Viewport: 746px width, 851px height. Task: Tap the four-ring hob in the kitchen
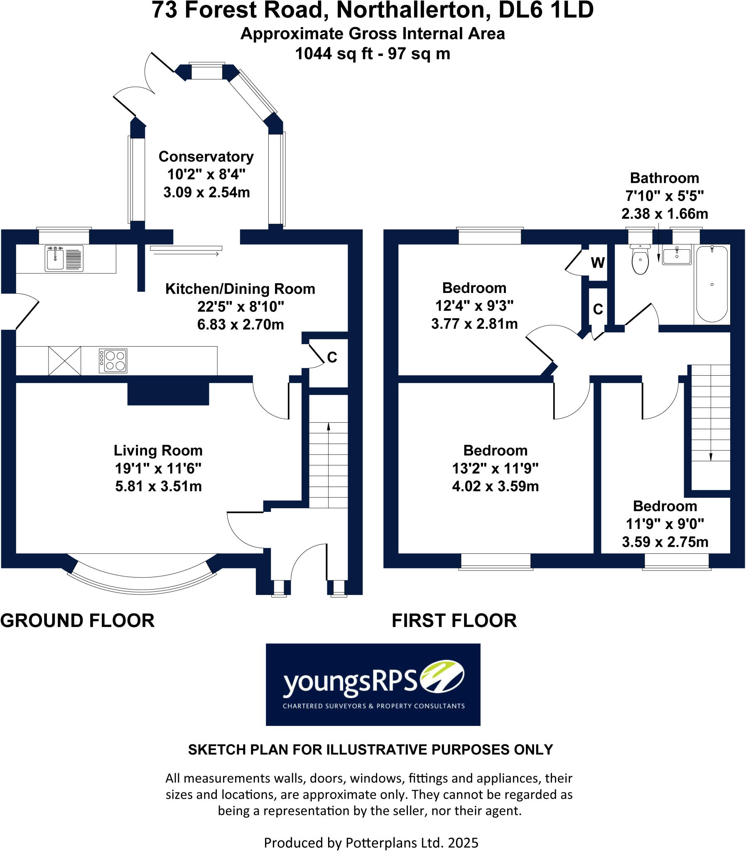click(x=113, y=361)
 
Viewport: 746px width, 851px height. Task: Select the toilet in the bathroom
click(x=640, y=260)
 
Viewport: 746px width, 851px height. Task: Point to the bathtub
click(x=712, y=284)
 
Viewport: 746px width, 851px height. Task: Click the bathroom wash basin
click(x=677, y=255)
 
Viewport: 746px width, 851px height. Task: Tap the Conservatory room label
click(x=206, y=157)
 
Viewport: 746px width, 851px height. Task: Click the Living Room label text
click(x=158, y=450)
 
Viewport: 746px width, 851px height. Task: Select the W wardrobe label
click(x=598, y=263)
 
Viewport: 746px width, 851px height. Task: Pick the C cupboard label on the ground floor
click(x=332, y=357)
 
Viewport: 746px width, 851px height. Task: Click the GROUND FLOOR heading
click(x=77, y=621)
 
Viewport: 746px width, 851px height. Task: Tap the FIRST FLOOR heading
click(x=454, y=621)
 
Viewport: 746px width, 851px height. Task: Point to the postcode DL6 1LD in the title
click(x=545, y=10)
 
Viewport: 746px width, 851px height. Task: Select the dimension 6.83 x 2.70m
click(x=240, y=325)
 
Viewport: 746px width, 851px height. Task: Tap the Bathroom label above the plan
click(x=665, y=178)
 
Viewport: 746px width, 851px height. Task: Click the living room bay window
click(x=142, y=582)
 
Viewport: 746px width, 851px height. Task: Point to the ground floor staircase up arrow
click(x=329, y=427)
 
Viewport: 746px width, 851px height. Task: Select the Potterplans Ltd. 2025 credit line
click(x=371, y=843)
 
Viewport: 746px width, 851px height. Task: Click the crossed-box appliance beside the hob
click(x=64, y=361)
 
